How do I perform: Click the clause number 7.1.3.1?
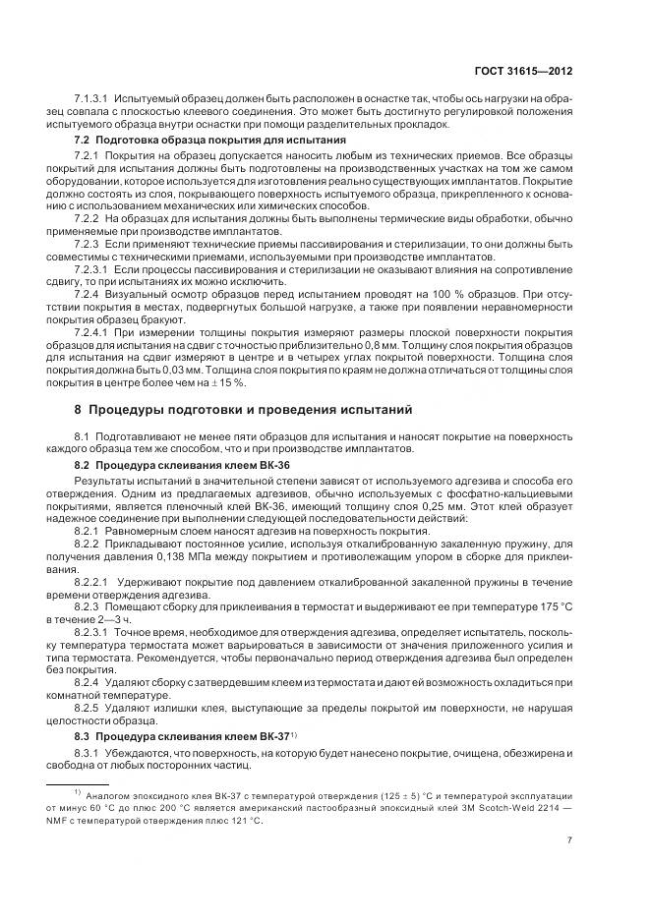91,100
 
